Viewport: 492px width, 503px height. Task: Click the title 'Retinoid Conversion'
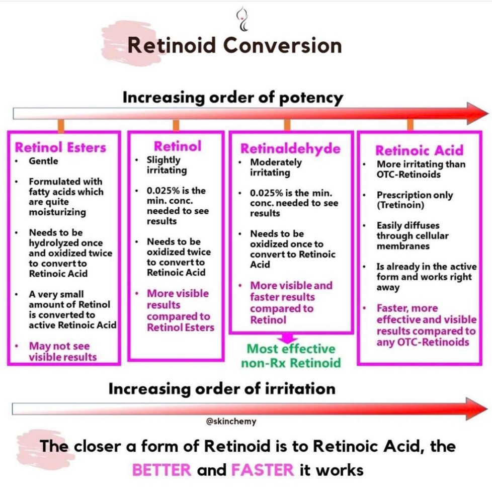234,46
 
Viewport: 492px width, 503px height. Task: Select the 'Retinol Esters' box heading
60,147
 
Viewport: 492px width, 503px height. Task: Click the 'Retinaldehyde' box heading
290,149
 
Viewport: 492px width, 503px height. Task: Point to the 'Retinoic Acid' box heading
419,150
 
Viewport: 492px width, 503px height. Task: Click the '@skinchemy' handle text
231,422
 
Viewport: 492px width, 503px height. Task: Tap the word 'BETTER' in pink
161,470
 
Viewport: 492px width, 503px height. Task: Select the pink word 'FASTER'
262,470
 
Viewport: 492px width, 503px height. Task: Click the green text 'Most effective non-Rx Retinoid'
290,356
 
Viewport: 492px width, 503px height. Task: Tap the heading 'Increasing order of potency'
233,97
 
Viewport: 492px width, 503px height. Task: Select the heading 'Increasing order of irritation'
222,388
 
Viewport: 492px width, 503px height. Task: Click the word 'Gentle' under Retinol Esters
43,161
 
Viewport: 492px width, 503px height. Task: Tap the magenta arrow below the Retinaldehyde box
290,338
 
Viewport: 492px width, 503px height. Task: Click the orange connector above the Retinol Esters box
61,125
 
